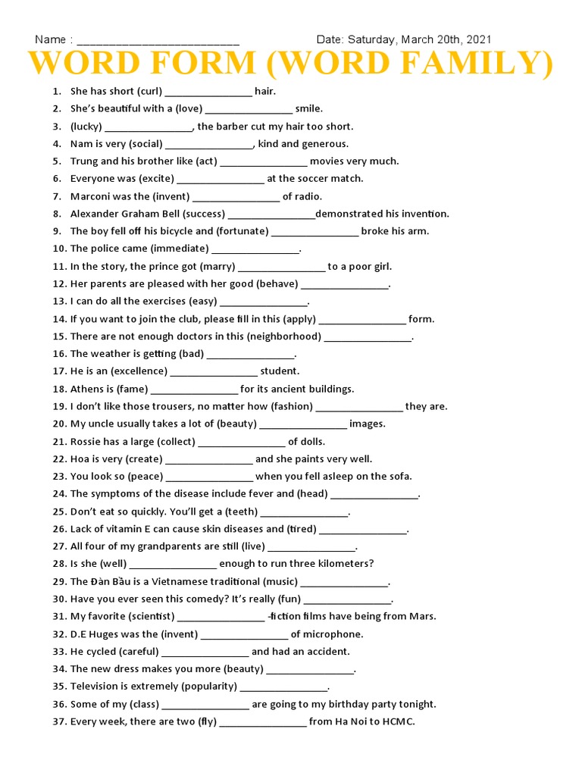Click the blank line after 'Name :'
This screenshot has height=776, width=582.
click(158, 42)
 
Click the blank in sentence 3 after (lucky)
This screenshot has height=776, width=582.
click(149, 127)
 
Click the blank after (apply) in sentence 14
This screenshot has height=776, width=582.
click(362, 319)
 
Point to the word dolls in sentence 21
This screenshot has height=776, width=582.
click(312, 441)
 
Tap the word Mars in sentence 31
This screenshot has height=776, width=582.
click(422, 616)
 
